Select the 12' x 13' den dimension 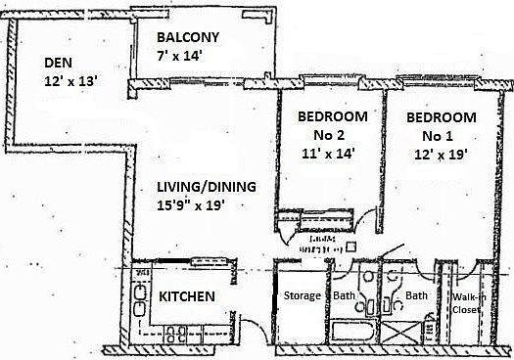pyautogui.click(x=70, y=82)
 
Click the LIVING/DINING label pyautogui.click(x=207, y=187)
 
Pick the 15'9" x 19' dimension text pyautogui.click(x=205, y=205)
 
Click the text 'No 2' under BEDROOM pyautogui.click(x=332, y=135)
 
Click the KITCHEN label pyautogui.click(x=187, y=296)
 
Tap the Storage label pyautogui.click(x=302, y=295)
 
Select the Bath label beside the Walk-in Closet pyautogui.click(x=417, y=295)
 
